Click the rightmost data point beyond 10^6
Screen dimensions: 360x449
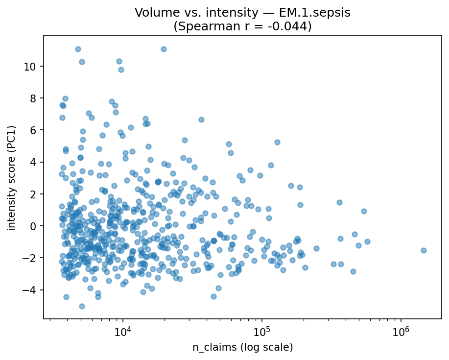coord(424,250)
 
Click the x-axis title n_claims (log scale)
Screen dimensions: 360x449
coord(242,348)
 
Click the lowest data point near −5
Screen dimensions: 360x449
coord(82,306)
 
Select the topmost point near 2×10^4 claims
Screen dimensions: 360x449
coord(164,49)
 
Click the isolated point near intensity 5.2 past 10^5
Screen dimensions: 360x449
coord(277,142)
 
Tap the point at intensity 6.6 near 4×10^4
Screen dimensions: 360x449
coord(201,120)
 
